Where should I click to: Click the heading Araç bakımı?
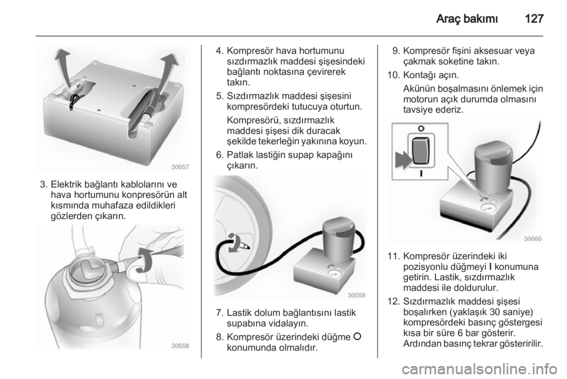tap(467, 18)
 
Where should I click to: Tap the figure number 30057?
tap(180, 167)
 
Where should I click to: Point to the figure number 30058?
tap(180, 346)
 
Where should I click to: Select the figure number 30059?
tap(357, 295)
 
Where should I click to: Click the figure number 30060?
tap(533, 238)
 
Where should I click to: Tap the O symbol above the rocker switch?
tap(421, 128)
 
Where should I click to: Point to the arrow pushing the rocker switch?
tap(403, 159)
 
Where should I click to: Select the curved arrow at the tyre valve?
tap(232, 243)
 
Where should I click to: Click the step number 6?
tap(220, 155)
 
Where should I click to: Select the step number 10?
tap(392, 76)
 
